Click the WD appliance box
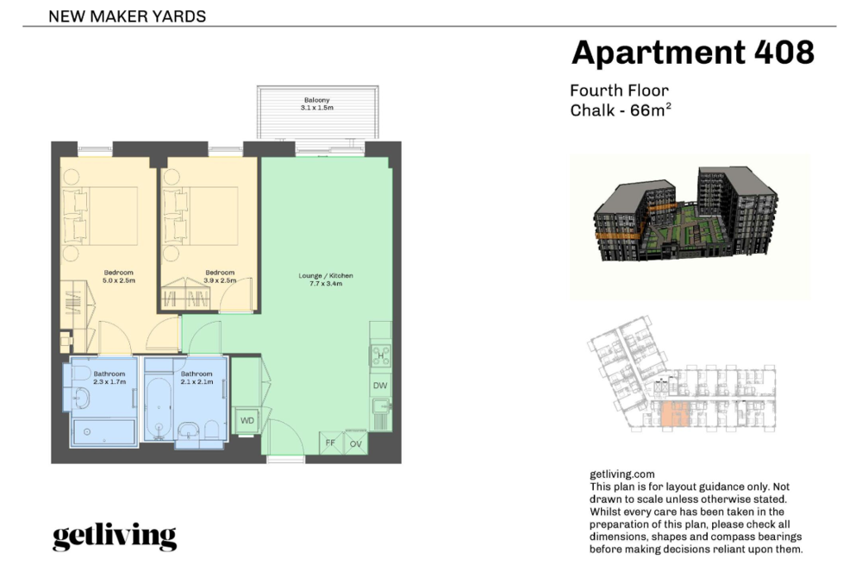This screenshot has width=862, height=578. tap(247, 421)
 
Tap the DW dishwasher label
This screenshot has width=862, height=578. tap(380, 386)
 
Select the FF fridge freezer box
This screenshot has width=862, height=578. tap(331, 443)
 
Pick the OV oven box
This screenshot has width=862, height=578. tap(356, 443)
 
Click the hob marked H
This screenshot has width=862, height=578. tap(380, 355)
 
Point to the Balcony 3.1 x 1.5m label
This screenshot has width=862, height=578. tap(317, 104)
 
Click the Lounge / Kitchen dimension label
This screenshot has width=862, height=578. tap(326, 280)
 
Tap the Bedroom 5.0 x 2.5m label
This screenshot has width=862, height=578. tap(119, 276)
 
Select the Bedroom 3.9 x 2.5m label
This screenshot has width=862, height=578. tap(220, 276)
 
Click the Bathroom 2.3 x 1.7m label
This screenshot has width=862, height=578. tap(109, 377)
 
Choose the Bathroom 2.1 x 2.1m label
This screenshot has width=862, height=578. tap(197, 377)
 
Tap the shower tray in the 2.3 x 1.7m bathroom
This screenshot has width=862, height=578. tap(103, 431)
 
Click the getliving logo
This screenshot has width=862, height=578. tap(115, 537)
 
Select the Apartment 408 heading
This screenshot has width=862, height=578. tap(693, 53)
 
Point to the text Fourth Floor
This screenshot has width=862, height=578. tap(619, 91)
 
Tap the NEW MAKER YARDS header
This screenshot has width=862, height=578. tap(127, 16)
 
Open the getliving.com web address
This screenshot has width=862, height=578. tap(622, 474)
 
